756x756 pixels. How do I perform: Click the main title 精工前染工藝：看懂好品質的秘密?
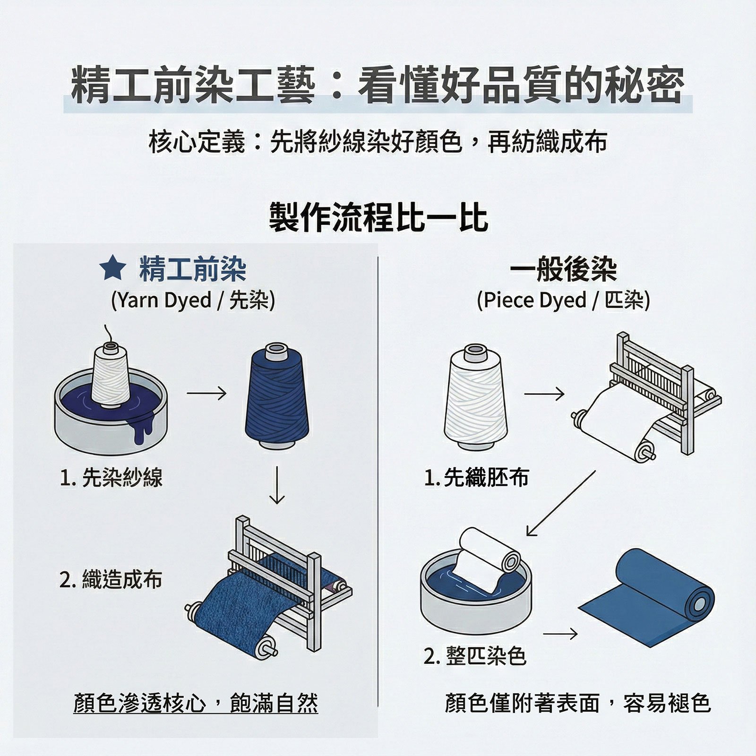tap(378, 85)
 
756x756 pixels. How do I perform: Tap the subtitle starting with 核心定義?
tap(378, 141)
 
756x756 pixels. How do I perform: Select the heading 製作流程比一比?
tap(378, 217)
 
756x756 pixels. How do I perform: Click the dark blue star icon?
tap(112, 269)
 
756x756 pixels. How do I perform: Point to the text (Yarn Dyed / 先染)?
tap(193, 300)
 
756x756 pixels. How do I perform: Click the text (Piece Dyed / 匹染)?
tap(563, 300)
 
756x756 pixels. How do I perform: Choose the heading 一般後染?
tap(563, 270)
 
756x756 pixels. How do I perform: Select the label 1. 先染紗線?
tap(111, 478)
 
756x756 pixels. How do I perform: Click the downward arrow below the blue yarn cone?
tap(277, 485)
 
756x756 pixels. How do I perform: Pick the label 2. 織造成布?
tap(111, 579)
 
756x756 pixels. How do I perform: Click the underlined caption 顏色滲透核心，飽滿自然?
tap(196, 703)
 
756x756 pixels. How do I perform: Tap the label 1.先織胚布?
tap(477, 478)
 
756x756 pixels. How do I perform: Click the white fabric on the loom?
tap(619, 416)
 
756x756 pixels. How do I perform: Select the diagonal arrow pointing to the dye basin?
tap(561, 503)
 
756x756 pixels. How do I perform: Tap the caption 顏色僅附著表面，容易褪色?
tap(578, 703)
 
